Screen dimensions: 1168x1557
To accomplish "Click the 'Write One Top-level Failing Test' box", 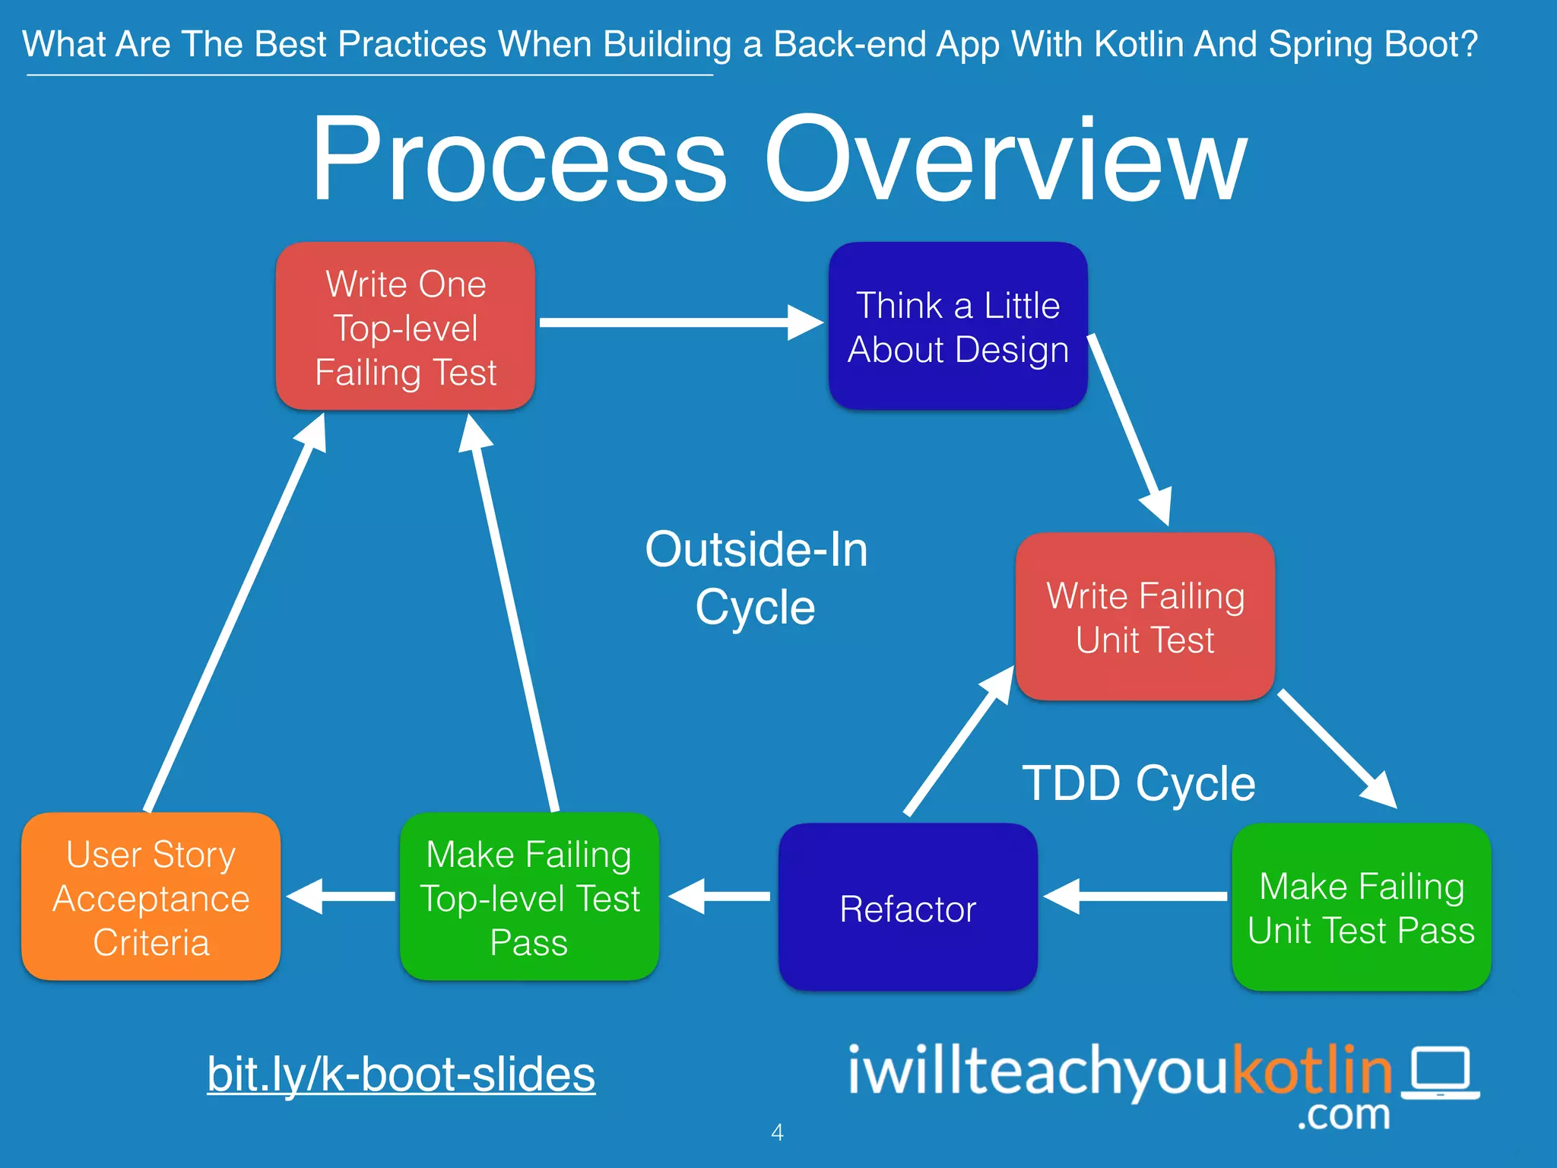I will (405, 327).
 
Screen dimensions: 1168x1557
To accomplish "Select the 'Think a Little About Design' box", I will (958, 327).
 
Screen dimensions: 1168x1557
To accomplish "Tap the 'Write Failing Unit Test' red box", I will (1145, 617).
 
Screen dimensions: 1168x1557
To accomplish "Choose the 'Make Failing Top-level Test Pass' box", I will (529, 897).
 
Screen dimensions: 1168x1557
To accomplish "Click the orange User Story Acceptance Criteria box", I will (151, 897).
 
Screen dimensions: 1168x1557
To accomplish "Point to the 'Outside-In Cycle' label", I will (756, 578).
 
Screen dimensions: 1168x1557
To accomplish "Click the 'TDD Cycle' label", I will (1138, 783).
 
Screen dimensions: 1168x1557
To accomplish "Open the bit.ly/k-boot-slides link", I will (401, 1074).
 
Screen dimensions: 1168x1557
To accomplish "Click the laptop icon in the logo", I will (1441, 1073).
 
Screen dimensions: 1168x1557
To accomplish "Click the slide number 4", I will (777, 1132).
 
